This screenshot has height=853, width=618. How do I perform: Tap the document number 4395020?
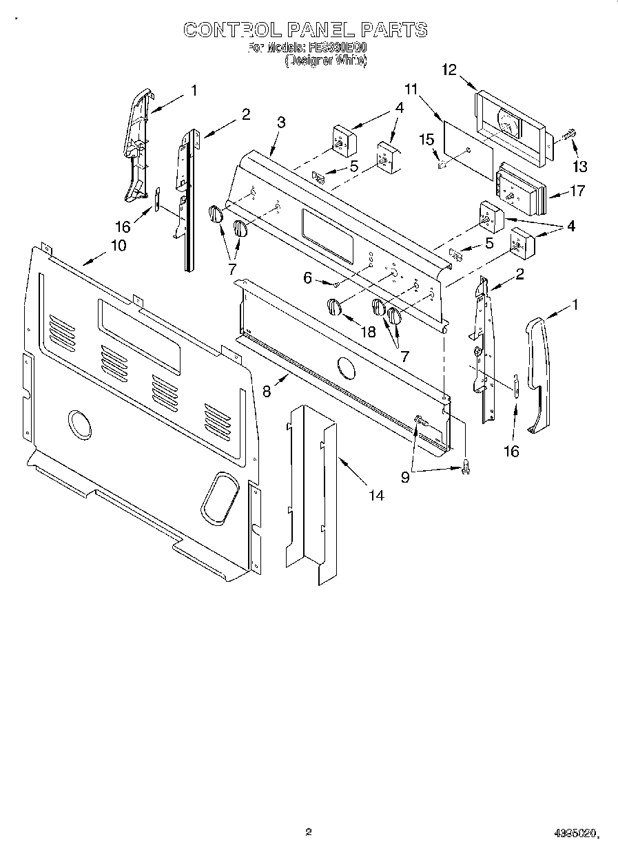point(576,834)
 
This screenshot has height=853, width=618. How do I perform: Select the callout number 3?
point(280,123)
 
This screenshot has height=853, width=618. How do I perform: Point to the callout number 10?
point(118,245)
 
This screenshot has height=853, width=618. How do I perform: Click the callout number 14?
point(375,494)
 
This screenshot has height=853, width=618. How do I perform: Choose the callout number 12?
point(449,70)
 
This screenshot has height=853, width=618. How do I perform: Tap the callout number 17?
point(577,191)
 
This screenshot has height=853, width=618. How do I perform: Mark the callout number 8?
point(267,390)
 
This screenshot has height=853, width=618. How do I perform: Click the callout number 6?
point(308,277)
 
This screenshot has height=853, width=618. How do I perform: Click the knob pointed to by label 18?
point(333,307)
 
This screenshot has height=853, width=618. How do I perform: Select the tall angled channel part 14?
point(312,496)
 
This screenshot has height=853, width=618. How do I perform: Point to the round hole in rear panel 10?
point(79,424)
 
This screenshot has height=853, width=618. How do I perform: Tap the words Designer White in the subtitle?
point(326,61)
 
